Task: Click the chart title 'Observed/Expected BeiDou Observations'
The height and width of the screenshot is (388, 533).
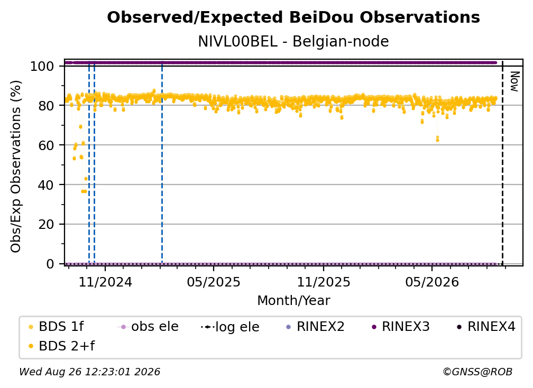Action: click(x=293, y=17)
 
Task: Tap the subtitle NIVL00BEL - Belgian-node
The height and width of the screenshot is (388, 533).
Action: click(x=293, y=42)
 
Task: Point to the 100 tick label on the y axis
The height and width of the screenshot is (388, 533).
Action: click(x=42, y=66)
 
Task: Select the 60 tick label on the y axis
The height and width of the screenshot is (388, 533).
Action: click(x=46, y=145)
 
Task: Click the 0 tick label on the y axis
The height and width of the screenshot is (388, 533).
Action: click(x=50, y=264)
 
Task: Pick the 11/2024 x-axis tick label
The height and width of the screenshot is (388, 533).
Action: click(x=105, y=282)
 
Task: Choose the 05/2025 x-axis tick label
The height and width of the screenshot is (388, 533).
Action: click(x=214, y=282)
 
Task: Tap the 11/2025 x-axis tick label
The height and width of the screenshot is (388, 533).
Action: click(x=324, y=282)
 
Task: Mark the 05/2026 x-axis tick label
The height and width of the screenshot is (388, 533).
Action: click(x=432, y=282)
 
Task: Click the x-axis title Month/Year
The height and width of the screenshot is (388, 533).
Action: click(x=293, y=301)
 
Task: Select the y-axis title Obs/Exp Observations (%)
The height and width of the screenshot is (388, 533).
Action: click(x=16, y=167)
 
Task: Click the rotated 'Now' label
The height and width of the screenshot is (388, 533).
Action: click(x=514, y=81)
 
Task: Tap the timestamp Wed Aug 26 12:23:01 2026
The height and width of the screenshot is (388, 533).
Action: click(x=89, y=372)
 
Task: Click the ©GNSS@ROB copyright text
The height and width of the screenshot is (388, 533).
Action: click(x=477, y=372)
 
